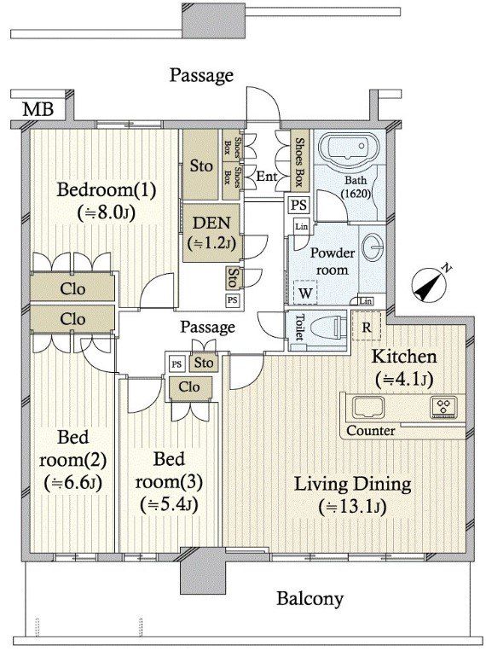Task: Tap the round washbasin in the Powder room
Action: [373, 247]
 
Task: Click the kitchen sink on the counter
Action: [368, 407]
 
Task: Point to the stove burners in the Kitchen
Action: [443, 405]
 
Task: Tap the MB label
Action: [38, 109]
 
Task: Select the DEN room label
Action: [212, 224]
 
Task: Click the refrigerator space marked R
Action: [366, 328]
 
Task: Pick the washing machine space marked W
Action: [305, 294]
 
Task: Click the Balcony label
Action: [310, 599]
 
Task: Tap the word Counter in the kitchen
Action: [371, 431]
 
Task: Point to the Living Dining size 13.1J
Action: [352, 507]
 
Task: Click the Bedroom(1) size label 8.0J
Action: [107, 213]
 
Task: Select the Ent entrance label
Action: [267, 176]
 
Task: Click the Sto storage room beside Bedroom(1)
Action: [201, 166]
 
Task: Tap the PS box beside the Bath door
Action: [298, 205]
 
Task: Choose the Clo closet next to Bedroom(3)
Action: [189, 387]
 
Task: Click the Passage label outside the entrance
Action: [202, 76]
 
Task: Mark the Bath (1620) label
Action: [356, 187]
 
